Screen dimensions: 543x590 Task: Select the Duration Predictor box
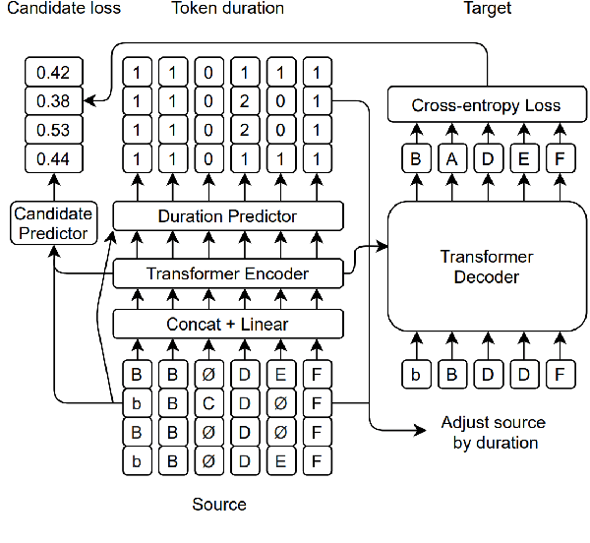[228, 215]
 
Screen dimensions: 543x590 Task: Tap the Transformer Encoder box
[228, 273]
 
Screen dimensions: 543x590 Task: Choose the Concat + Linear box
[228, 323]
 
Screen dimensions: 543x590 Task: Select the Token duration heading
[227, 9]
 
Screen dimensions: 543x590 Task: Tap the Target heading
[488, 9]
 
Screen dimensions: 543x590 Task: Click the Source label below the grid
[219, 505]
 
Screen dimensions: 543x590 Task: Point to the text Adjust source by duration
[493, 433]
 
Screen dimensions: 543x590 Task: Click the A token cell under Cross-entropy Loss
[451, 159]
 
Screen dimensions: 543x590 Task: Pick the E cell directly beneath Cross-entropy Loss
[523, 159]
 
